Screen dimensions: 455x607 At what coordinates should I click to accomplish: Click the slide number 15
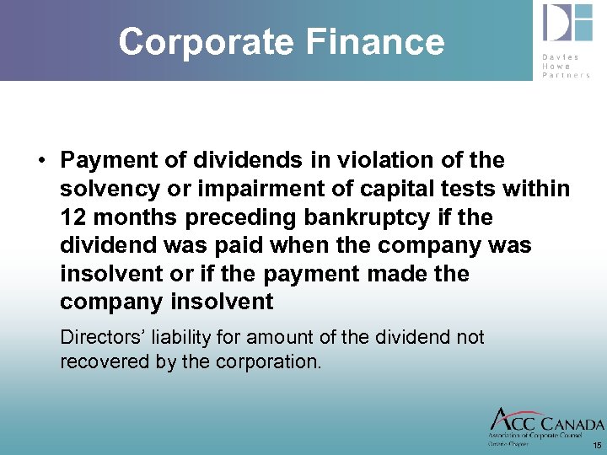click(597, 445)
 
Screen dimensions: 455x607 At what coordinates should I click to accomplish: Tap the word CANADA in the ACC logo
click(572, 424)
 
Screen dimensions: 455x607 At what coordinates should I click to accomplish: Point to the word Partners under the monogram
click(567, 74)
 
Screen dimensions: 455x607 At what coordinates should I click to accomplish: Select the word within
click(537, 189)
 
